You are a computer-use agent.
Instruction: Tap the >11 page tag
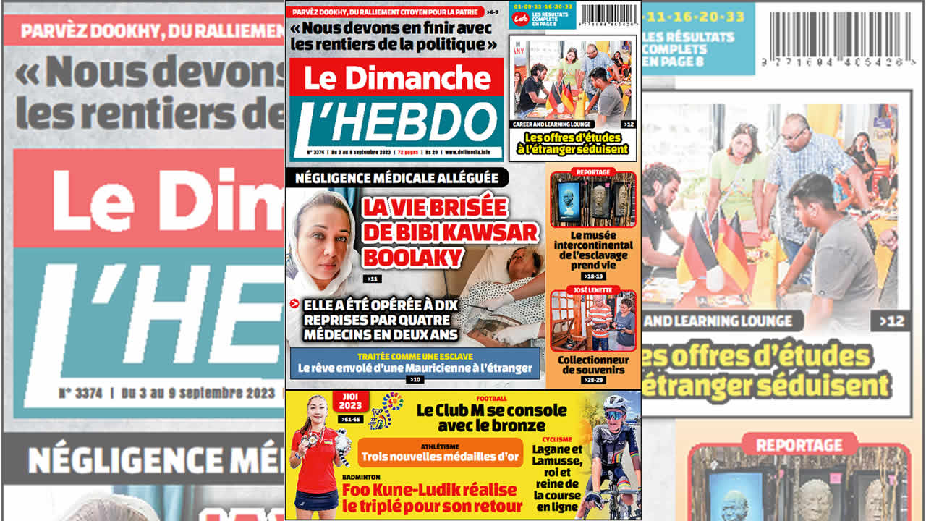click(373, 279)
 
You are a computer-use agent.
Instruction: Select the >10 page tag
click(415, 379)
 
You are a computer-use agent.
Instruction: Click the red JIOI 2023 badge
click(350, 401)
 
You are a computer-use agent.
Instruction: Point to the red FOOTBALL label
click(491, 399)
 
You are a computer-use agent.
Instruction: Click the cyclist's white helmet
click(616, 403)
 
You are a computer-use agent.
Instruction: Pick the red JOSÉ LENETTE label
click(592, 289)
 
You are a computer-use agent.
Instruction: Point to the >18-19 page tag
click(592, 276)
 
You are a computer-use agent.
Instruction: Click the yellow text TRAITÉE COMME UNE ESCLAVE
click(415, 356)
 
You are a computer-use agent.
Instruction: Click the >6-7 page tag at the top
click(492, 12)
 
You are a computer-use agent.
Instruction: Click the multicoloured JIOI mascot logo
click(386, 410)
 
